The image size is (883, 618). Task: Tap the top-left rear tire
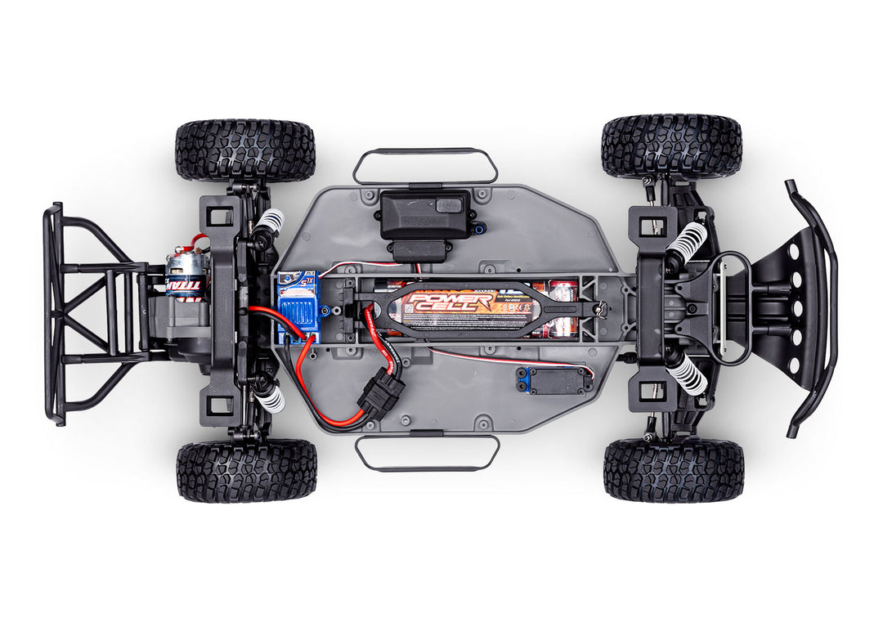click(244, 150)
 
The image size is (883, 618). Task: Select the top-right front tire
click(671, 146)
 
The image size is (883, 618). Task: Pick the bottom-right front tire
click(673, 469)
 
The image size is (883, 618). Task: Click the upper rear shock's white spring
click(267, 221)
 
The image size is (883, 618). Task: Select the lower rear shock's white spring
click(269, 398)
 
